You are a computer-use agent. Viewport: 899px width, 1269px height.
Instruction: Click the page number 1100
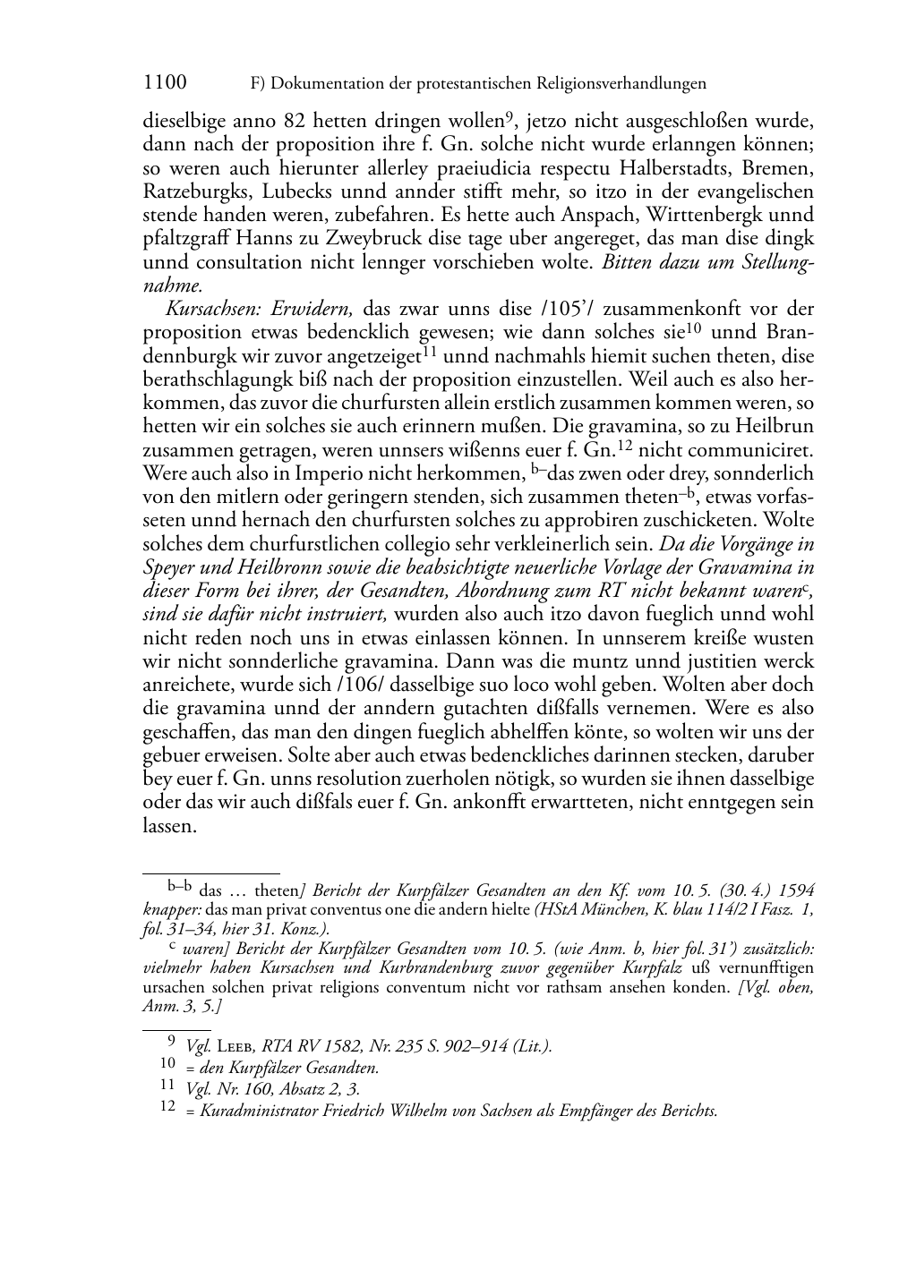click(165, 83)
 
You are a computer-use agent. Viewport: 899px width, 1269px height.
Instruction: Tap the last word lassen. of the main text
click(169, 826)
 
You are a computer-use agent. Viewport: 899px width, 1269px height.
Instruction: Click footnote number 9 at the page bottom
click(172, 1042)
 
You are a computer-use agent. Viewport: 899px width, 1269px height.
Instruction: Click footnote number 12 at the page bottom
click(167, 1108)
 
